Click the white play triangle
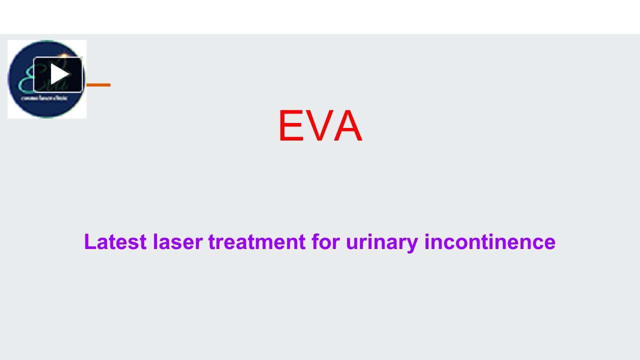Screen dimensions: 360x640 click(59, 74)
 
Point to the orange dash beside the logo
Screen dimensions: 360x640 click(98, 85)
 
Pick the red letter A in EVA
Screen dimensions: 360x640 click(348, 126)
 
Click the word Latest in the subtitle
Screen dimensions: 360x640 click(115, 242)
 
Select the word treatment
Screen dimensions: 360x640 click(256, 242)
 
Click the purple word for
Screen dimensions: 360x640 click(325, 242)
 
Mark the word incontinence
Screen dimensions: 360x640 click(490, 242)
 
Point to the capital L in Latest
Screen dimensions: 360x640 click(90, 242)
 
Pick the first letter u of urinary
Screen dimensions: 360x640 click(352, 244)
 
